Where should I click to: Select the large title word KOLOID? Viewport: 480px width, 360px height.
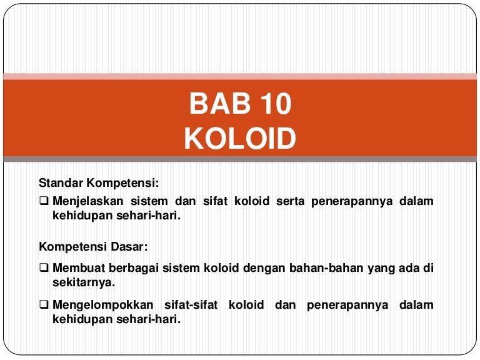click(240, 139)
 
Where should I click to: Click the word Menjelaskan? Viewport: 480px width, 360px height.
click(88, 201)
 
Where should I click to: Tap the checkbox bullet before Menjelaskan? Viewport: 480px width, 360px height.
click(44, 201)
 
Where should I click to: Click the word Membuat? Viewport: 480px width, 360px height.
click(76, 268)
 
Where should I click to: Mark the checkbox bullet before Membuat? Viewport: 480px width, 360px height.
click(44, 268)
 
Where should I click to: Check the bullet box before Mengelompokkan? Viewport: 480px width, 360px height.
click(44, 305)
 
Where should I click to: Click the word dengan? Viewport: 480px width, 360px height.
click(269, 268)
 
